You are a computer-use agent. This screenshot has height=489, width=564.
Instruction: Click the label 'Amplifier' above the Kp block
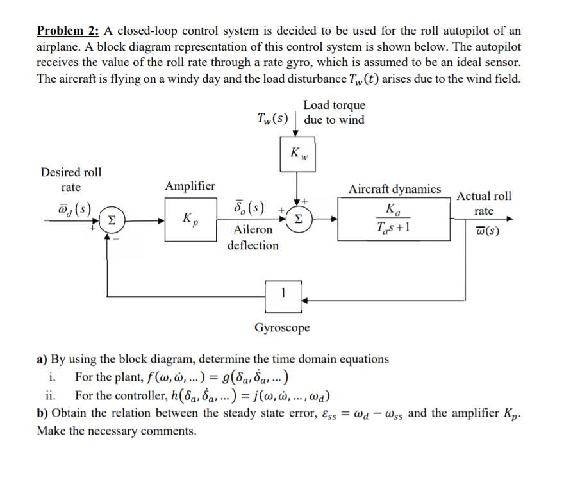click(190, 186)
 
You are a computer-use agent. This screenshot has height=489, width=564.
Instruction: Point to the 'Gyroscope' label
click(282, 328)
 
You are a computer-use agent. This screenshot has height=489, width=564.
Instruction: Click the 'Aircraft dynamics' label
click(394, 189)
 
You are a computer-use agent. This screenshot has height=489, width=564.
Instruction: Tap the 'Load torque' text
click(334, 105)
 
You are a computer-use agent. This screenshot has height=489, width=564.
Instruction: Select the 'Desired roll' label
click(70, 172)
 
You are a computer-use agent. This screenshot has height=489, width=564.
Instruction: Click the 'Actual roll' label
click(484, 196)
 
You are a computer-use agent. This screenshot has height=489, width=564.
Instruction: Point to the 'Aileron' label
click(253, 229)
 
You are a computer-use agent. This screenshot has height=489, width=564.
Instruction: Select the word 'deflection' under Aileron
click(253, 245)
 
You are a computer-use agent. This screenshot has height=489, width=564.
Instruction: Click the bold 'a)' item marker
click(42, 359)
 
